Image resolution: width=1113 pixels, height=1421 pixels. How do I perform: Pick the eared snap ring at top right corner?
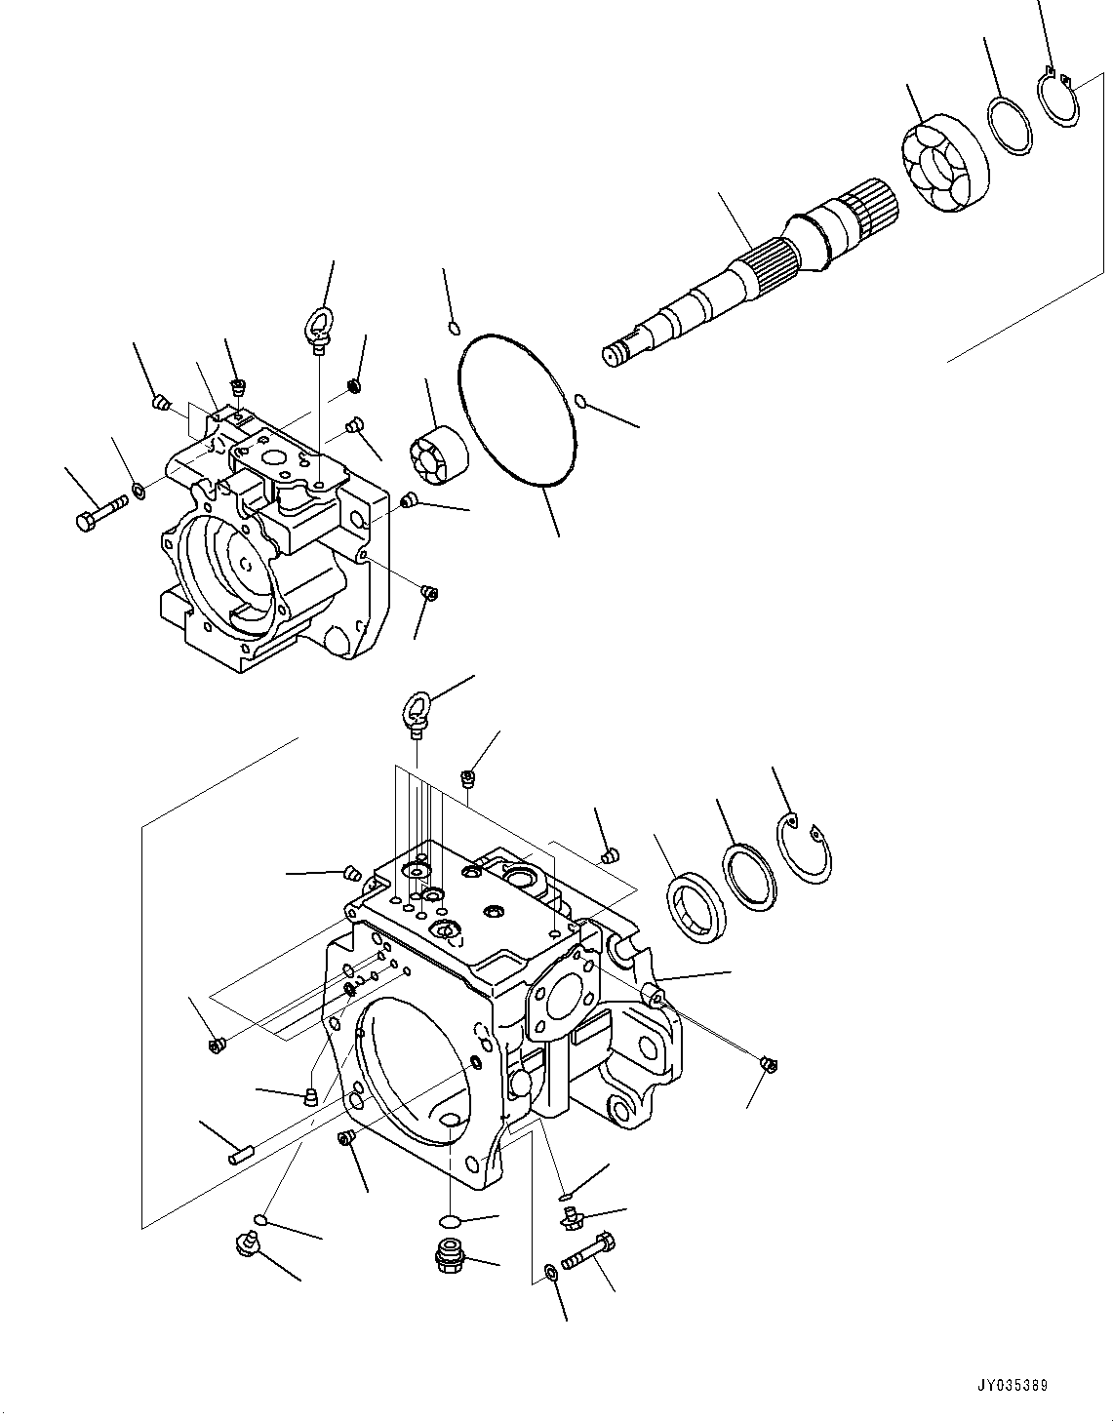point(1057,98)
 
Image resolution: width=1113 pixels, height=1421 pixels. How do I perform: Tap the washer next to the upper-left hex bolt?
point(139,488)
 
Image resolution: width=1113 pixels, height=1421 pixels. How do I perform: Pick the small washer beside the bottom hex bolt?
point(552,1271)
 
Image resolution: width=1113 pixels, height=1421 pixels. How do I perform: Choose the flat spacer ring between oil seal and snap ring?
point(748,874)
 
